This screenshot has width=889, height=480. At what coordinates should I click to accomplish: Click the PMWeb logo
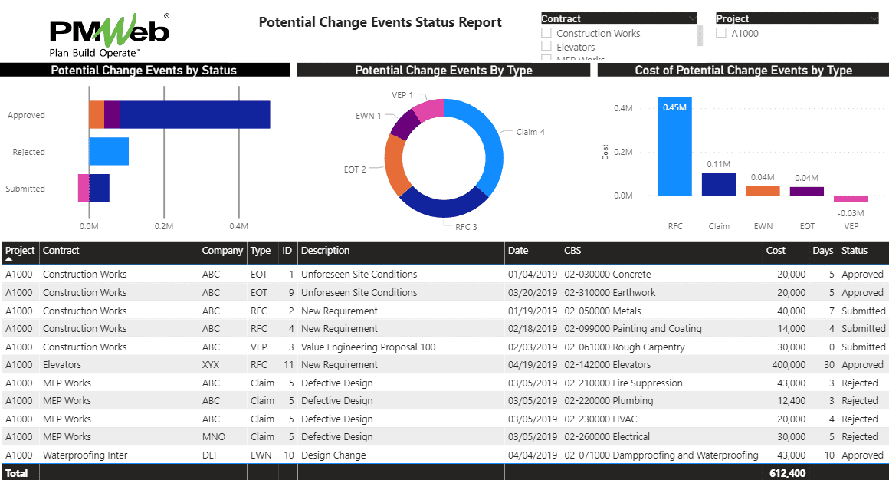coord(109,33)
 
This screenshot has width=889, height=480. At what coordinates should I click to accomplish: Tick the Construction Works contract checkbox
coord(546,33)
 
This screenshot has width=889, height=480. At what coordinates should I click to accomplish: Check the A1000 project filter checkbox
coord(721,33)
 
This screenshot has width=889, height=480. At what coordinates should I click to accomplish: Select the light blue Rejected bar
coord(109,152)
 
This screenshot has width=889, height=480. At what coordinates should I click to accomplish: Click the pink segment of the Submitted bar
coord(84,188)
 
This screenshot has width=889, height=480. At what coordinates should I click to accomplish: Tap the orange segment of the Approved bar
coord(97,115)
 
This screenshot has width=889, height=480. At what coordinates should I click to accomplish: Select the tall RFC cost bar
coord(674,146)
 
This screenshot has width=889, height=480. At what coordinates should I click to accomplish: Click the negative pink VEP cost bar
coord(850,199)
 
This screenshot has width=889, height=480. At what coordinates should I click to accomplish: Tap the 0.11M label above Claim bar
coord(718,164)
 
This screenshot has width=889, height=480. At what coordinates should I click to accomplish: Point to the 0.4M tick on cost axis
coord(623,108)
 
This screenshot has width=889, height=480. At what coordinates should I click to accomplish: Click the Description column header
coord(325,251)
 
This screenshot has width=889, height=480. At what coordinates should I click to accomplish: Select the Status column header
coord(855,251)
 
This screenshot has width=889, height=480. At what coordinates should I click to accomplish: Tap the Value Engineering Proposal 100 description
coord(368,347)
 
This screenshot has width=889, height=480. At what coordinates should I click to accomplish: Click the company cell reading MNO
coord(212,437)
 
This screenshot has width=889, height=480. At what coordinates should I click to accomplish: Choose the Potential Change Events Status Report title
coord(380,22)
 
